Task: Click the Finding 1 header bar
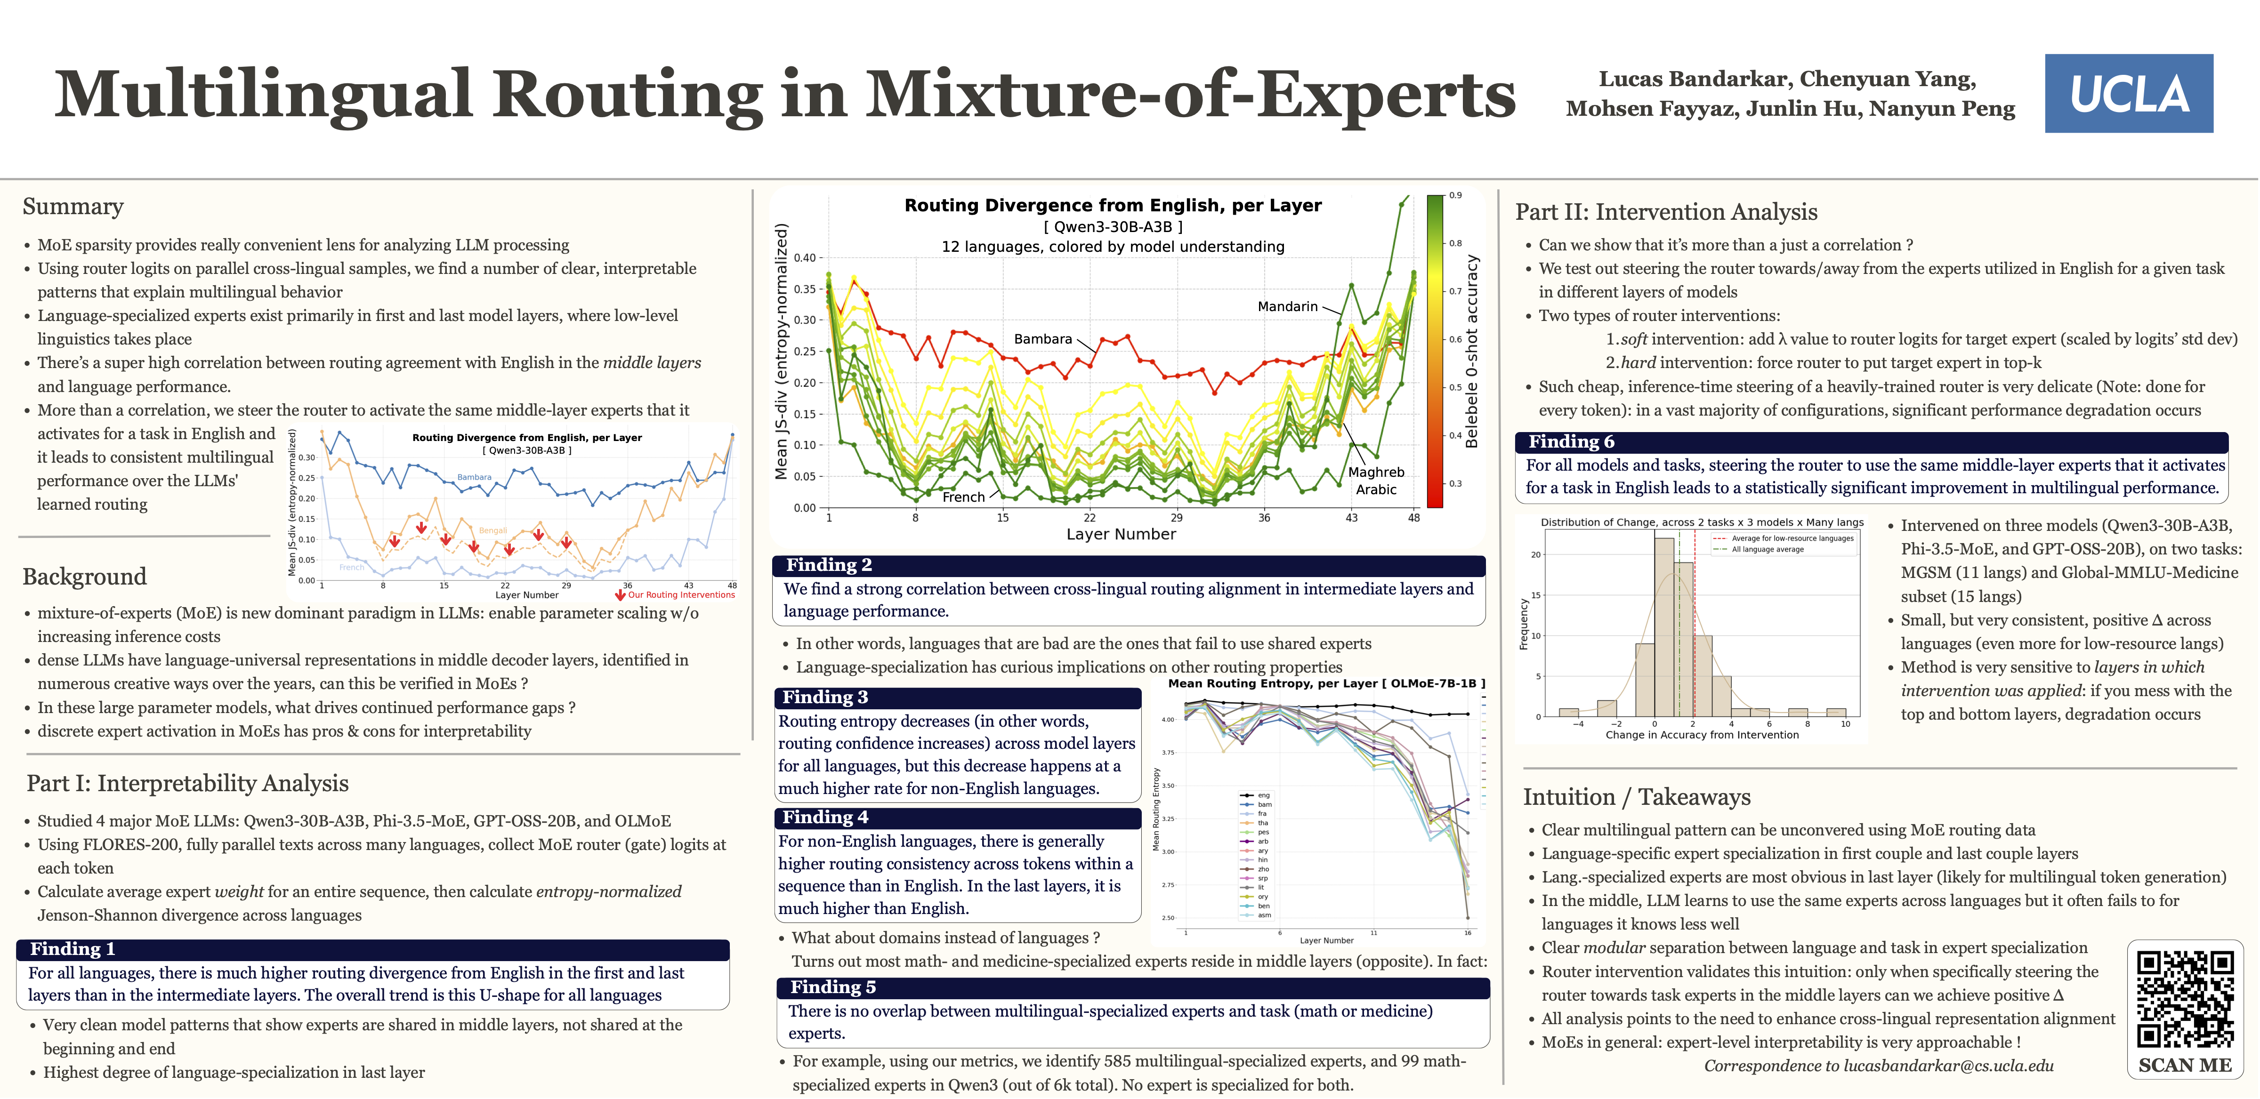click(x=373, y=949)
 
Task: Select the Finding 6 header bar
click(x=1872, y=441)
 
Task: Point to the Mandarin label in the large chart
click(x=1287, y=306)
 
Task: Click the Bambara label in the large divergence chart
click(x=1042, y=338)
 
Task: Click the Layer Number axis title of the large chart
click(x=1121, y=534)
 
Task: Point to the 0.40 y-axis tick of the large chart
click(x=805, y=258)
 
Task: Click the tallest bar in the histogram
click(x=1663, y=626)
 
